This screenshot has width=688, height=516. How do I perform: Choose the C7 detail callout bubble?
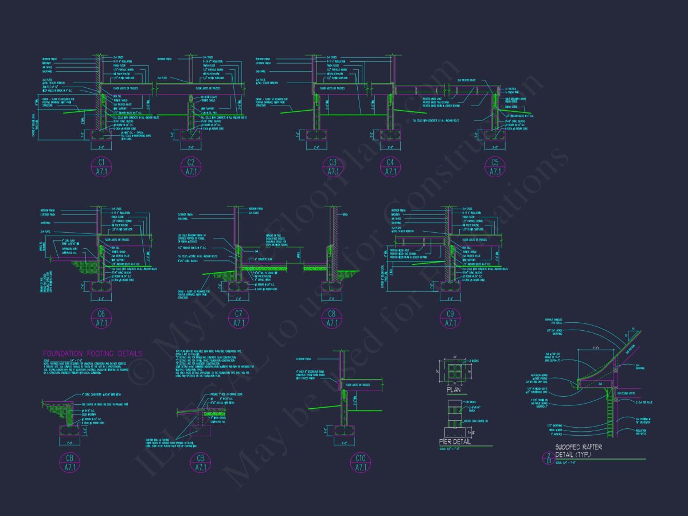tap(238, 318)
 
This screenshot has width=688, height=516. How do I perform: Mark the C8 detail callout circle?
tap(332, 318)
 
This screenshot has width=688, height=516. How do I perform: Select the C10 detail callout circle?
tap(361, 463)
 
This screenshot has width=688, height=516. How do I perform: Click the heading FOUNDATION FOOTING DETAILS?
tap(93, 354)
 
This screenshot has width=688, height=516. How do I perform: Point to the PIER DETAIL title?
tap(455, 441)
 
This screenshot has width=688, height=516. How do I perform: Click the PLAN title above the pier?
tap(453, 390)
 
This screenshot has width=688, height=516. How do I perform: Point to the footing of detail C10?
tap(346, 430)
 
